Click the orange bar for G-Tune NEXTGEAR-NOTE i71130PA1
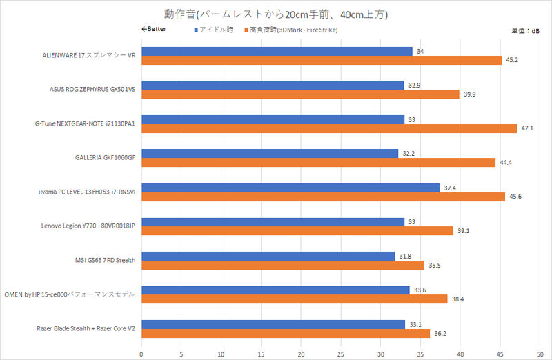click(328, 128)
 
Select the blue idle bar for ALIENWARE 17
click(277, 51)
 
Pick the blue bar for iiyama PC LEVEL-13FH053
click(290, 188)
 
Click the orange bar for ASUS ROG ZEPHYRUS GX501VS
click(300, 94)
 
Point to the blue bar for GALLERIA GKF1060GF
click(270, 153)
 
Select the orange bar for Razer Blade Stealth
click(286, 333)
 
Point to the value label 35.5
click(435, 265)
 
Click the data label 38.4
click(459, 299)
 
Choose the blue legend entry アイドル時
click(215, 30)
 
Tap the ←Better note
click(154, 30)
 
